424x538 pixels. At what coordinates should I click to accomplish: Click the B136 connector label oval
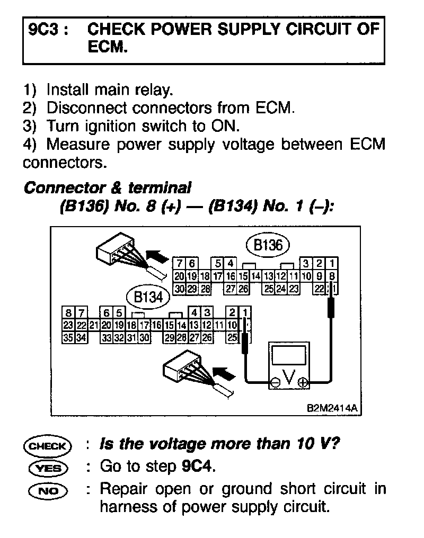coord(268,245)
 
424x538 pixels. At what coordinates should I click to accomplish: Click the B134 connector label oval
coord(148,297)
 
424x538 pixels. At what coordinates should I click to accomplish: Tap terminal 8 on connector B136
coord(332,276)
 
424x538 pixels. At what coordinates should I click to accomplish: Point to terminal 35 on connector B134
coord(67,337)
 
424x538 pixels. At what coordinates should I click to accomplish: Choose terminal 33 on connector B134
coord(106,337)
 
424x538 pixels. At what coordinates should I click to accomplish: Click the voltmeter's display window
coord(289,354)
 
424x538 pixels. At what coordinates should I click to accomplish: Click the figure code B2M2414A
coord(331,408)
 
